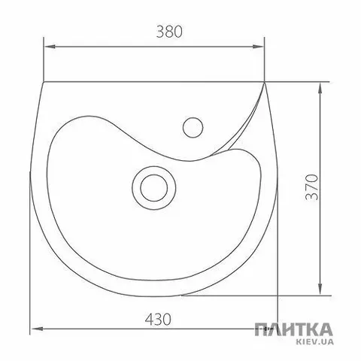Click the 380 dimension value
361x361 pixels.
169,32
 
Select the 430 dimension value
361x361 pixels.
159,320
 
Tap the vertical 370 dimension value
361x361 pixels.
312,187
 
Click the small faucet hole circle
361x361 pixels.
193,127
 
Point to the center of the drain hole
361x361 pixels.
154,188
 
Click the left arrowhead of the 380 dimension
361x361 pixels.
50,47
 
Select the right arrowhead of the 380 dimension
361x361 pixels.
259,47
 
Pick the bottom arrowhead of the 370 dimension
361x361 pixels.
320,289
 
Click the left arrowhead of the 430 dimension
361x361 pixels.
36,329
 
